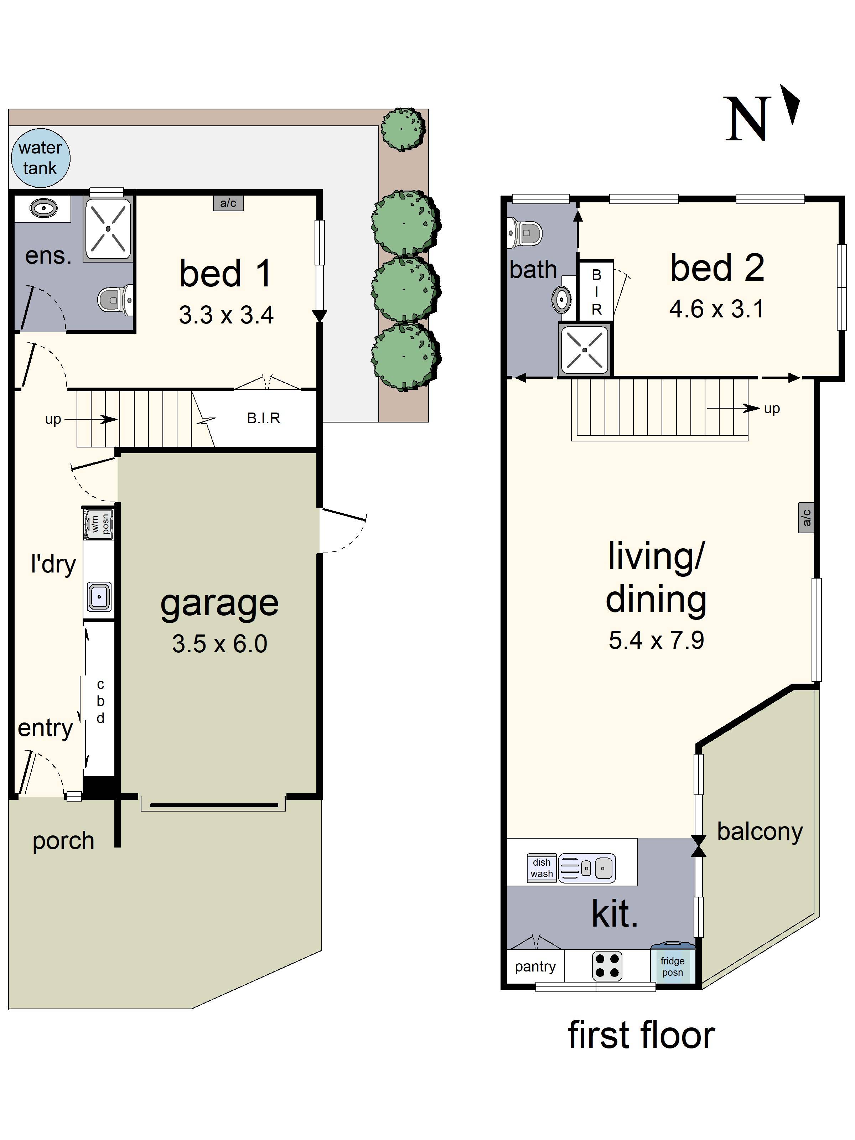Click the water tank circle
click(x=40, y=158)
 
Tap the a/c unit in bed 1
click(x=228, y=203)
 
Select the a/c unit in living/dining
click(x=805, y=517)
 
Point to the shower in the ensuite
click(x=108, y=228)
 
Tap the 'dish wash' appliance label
click(x=541, y=868)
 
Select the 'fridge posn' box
click(x=672, y=966)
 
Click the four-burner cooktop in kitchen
click(x=607, y=966)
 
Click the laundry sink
click(x=99, y=597)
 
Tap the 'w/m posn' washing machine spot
click(x=99, y=524)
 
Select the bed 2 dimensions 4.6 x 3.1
click(x=716, y=309)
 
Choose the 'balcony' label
click(x=759, y=831)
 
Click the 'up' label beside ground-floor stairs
click(x=53, y=419)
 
